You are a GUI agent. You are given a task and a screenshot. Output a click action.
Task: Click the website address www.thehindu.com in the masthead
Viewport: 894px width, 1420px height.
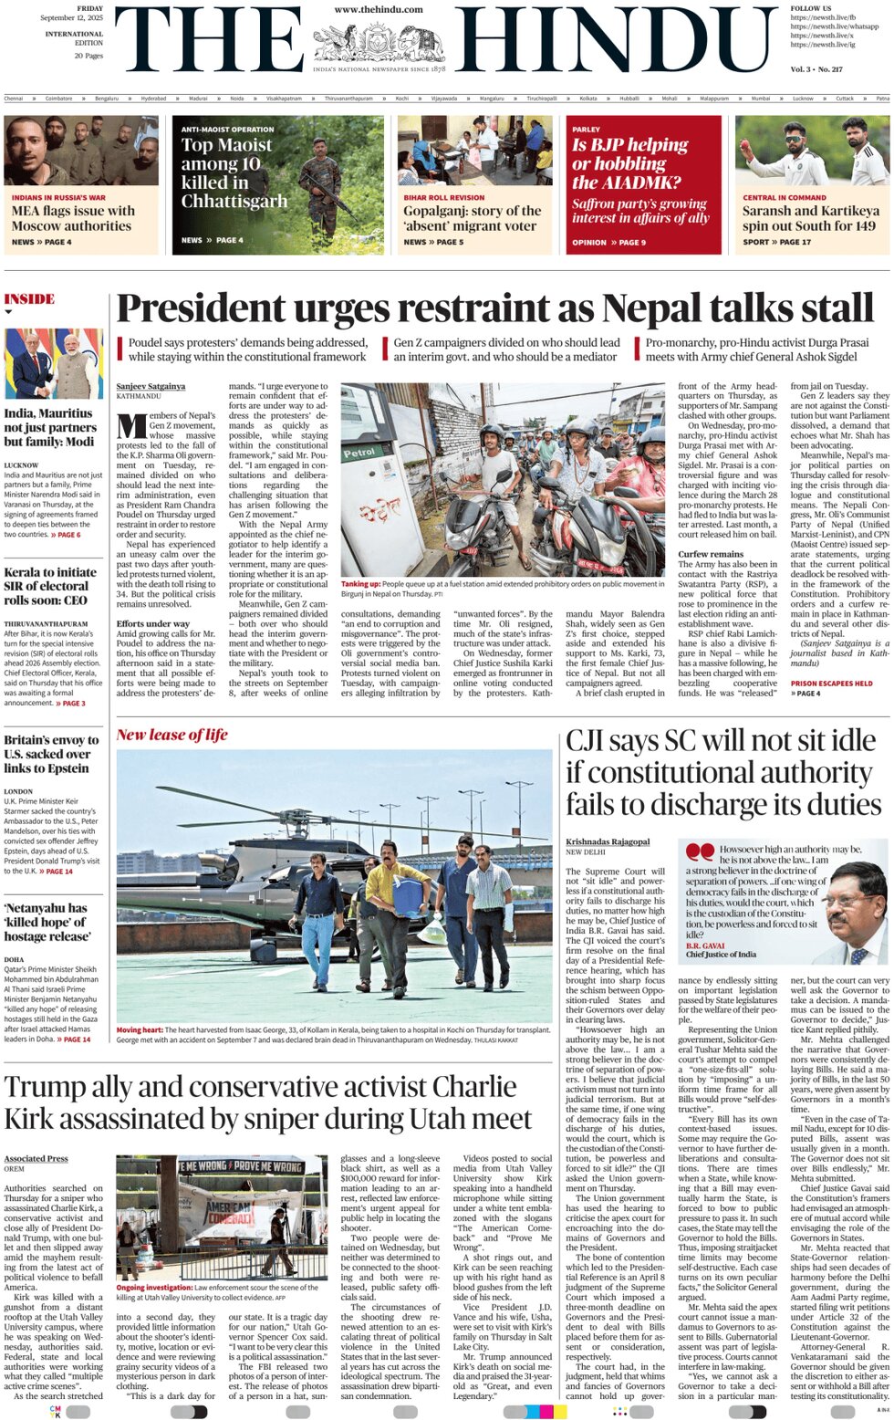(379, 9)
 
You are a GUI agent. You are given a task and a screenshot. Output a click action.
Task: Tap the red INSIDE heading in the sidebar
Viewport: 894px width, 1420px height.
(29, 299)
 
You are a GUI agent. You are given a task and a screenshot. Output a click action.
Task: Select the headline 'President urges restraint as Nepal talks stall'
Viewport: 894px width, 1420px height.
(495, 308)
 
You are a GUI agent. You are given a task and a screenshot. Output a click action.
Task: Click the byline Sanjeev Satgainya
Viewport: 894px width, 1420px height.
(151, 387)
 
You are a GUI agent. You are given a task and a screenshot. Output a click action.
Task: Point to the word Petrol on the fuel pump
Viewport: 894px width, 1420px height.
(359, 453)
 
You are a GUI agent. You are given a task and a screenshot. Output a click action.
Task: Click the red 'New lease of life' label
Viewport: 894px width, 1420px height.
(172, 735)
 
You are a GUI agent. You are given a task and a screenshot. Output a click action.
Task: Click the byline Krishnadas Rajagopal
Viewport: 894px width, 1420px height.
(608, 841)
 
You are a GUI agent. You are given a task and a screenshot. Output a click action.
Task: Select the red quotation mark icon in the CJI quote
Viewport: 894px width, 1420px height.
(700, 851)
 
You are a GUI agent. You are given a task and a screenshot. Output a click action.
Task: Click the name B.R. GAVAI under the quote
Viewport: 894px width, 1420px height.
(705, 945)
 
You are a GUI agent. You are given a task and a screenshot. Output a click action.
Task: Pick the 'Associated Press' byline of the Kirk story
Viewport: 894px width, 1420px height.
(36, 1158)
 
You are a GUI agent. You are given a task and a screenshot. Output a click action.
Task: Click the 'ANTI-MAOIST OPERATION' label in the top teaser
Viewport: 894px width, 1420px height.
(227, 130)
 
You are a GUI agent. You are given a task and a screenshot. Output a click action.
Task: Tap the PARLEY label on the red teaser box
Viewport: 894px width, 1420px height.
(586, 130)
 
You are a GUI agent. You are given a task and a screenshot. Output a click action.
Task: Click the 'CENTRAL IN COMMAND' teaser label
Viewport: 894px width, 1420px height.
(784, 197)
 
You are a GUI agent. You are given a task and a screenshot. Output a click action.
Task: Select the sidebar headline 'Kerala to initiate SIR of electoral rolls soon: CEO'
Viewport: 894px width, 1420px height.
(50, 586)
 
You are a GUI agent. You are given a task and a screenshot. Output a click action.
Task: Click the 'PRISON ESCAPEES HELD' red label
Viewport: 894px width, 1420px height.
(831, 683)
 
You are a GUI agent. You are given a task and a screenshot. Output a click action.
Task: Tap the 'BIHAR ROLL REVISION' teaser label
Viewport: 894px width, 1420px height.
(444, 197)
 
